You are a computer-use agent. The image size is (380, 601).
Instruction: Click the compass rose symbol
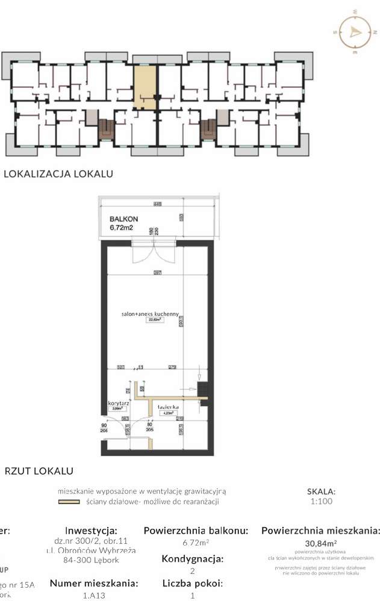(352, 32)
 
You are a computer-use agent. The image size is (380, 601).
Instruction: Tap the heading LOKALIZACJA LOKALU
(58, 174)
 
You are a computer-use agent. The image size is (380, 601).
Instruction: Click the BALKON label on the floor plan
(123, 220)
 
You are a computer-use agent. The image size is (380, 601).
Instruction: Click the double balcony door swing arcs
(146, 253)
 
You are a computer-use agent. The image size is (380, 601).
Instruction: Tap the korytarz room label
(119, 404)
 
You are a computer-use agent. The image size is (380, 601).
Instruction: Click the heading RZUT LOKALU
(39, 470)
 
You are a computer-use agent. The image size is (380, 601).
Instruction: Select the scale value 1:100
(320, 501)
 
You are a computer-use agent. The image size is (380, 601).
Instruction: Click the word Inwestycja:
(90, 531)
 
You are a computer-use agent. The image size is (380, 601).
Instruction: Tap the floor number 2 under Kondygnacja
(193, 571)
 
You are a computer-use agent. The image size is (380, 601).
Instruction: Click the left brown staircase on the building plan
(106, 130)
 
